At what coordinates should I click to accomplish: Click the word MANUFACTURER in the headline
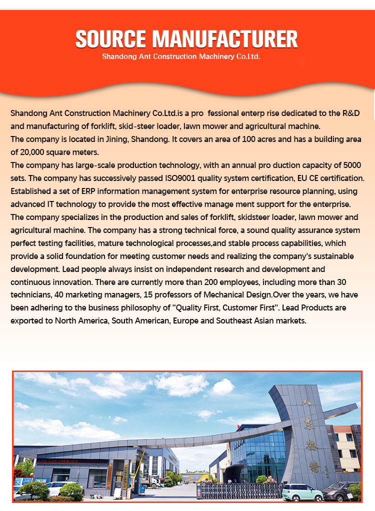click(x=224, y=39)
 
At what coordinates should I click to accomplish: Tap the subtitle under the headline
click(x=181, y=56)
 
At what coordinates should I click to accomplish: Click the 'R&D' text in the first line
click(x=349, y=113)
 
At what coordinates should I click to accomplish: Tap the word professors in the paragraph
click(x=147, y=294)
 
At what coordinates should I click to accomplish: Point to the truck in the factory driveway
click(x=149, y=481)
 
